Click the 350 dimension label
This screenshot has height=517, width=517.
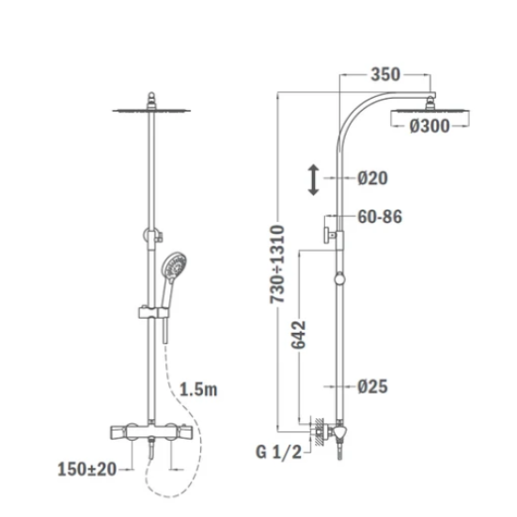(385, 74)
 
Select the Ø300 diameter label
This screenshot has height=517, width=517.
(430, 126)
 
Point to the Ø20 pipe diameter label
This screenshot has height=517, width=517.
(372, 178)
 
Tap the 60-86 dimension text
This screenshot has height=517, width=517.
(380, 217)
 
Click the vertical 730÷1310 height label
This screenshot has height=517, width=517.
(277, 264)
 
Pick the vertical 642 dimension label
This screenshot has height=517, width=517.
(299, 335)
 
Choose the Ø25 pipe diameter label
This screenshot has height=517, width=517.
(372, 386)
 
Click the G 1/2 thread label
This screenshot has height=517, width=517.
(279, 452)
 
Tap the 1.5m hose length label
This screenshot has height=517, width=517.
(198, 390)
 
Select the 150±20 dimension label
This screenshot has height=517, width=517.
(87, 469)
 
